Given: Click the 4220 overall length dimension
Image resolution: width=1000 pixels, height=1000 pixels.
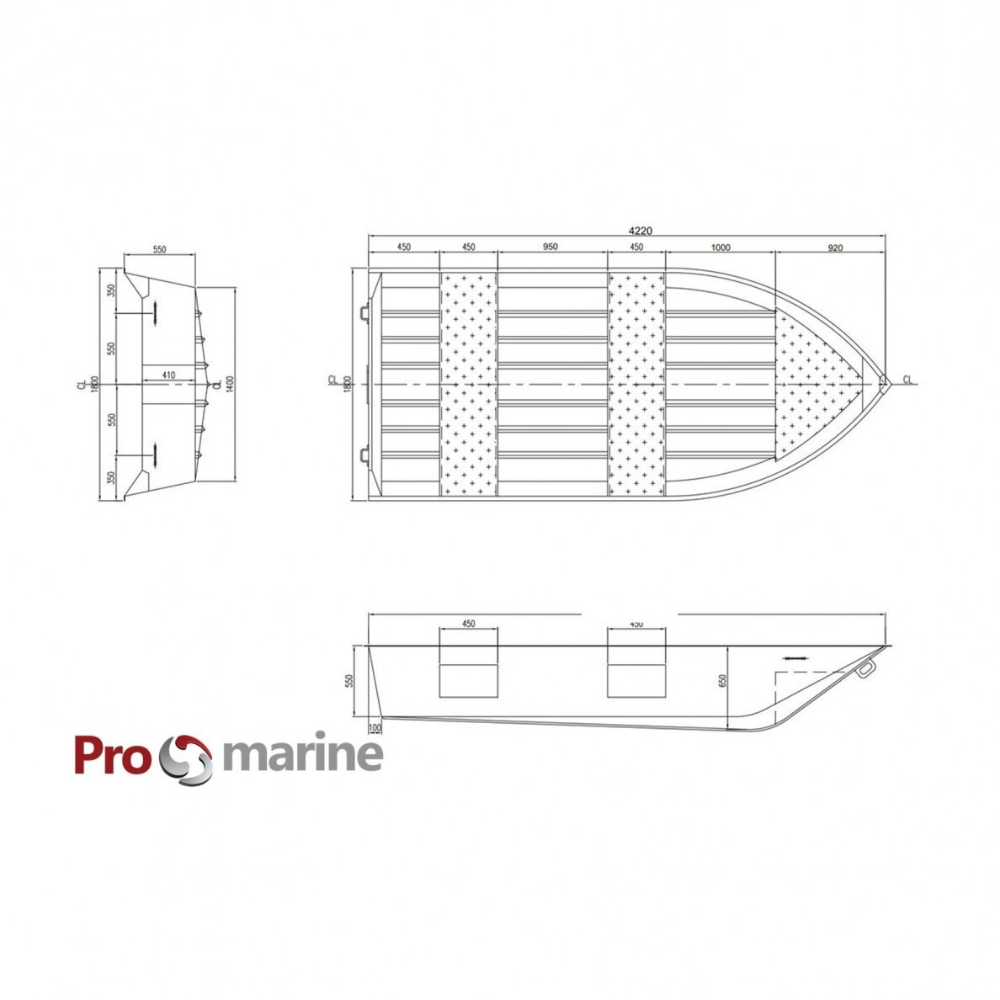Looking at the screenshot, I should tap(641, 230).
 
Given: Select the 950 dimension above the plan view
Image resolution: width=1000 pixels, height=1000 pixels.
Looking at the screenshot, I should tap(550, 247).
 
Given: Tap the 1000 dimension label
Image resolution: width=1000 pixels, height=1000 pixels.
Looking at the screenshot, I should tap(720, 247).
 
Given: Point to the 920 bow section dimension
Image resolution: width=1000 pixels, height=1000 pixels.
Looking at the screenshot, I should tap(834, 247).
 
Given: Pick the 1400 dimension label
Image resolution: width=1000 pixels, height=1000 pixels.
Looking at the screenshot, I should tap(228, 385).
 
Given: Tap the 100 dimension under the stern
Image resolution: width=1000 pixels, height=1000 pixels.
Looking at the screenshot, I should tap(375, 727).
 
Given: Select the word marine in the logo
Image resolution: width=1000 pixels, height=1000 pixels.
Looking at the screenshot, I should tap(302, 755).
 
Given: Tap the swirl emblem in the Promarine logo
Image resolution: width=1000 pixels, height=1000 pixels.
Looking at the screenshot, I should tap(187, 758).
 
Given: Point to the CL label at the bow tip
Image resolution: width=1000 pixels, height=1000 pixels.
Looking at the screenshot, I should tap(907, 380).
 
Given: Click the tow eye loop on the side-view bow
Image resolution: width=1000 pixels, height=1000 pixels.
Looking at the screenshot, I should tap(864, 669).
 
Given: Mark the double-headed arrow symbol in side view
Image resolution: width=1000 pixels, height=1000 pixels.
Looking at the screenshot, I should tap(794, 658).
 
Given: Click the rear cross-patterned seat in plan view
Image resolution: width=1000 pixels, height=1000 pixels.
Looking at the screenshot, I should tap(468, 385).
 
